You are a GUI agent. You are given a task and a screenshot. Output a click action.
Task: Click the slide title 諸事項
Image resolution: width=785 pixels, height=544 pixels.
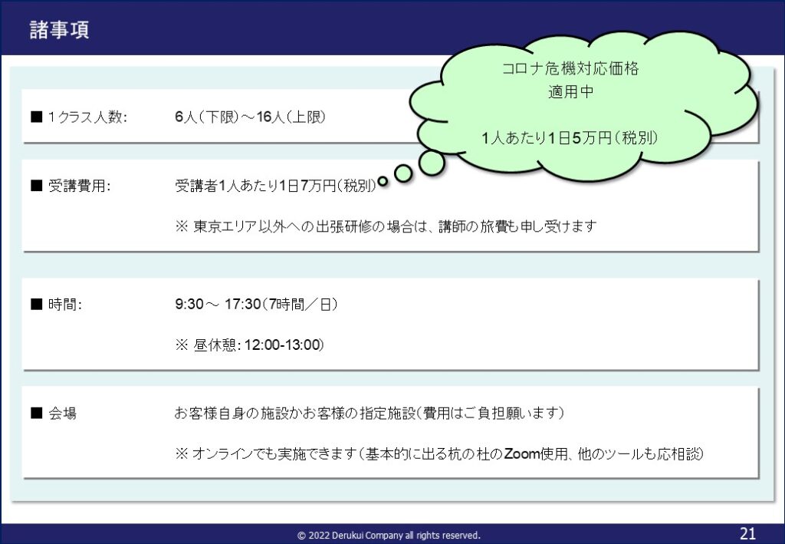(x=59, y=30)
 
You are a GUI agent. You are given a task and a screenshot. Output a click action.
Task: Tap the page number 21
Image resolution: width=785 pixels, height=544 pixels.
(x=747, y=533)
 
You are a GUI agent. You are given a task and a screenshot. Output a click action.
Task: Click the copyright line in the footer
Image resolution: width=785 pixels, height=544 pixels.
(x=389, y=536)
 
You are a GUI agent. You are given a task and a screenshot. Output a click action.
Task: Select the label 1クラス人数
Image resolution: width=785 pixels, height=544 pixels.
(x=87, y=117)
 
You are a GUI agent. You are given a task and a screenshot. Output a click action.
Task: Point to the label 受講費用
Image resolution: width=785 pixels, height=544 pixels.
(x=80, y=186)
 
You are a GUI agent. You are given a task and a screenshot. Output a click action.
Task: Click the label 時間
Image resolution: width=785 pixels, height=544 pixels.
(x=65, y=305)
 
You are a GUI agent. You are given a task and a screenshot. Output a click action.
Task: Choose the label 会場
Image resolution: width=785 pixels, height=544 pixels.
(x=63, y=414)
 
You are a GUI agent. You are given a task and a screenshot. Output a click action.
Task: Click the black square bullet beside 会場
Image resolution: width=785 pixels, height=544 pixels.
(x=37, y=414)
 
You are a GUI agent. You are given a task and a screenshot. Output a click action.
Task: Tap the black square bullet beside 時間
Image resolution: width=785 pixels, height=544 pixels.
(x=37, y=304)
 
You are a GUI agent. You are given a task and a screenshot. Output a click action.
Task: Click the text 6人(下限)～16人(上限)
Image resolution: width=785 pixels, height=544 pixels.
(x=251, y=117)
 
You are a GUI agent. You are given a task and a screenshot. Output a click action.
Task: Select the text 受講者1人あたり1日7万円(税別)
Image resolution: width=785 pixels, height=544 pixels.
(x=275, y=186)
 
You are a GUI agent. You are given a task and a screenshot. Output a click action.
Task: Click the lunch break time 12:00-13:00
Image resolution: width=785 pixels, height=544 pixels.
(x=283, y=345)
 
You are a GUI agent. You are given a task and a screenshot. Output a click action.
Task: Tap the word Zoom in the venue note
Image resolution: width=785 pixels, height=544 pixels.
(x=521, y=453)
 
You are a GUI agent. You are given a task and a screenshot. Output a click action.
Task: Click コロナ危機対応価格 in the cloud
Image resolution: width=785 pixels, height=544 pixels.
(x=570, y=68)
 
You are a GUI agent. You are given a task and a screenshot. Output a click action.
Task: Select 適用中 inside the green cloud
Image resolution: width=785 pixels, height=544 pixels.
(x=570, y=91)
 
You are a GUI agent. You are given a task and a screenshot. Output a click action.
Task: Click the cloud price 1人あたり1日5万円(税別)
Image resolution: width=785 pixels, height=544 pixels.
(x=570, y=138)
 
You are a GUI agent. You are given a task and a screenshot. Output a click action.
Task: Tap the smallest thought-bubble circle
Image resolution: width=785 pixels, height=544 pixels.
(x=383, y=181)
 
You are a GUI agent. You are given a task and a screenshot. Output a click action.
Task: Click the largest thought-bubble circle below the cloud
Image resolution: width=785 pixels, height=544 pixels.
(x=432, y=163)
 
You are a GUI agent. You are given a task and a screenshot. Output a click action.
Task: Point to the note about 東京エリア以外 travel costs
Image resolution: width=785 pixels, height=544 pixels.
(x=386, y=226)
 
